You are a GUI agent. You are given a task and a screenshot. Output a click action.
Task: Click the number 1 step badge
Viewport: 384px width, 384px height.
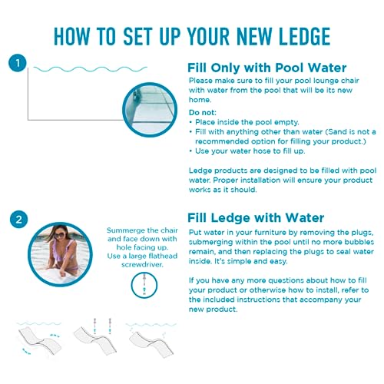click(18, 63)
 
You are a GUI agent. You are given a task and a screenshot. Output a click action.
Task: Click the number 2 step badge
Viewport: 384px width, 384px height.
click(18, 220)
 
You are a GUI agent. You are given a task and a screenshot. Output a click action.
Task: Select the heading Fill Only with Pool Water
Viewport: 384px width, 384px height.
click(267, 68)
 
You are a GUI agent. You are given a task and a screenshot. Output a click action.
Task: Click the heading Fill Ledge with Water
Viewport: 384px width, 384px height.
click(256, 218)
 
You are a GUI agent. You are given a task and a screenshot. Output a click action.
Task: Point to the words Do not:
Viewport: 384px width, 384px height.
click(203, 113)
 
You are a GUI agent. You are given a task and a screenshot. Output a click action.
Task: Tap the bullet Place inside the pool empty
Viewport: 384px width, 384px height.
click(244, 122)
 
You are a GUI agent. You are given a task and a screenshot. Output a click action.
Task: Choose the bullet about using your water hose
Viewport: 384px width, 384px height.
click(247, 151)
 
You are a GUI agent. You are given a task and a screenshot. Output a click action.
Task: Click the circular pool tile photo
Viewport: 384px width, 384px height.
click(150, 110)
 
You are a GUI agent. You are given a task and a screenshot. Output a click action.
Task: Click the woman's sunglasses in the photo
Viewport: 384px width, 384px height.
click(59, 235)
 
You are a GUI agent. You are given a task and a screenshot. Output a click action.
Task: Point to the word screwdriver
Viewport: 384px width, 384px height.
click(142, 264)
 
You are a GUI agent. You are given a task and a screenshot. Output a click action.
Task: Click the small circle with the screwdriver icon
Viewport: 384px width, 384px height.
click(144, 285)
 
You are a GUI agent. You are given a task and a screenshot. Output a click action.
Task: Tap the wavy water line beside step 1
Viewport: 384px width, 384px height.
click(91, 69)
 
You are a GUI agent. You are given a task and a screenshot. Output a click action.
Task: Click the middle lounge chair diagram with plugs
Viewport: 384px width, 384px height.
click(95, 337)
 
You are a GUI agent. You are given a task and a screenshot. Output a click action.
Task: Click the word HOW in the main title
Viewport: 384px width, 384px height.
click(72, 36)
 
